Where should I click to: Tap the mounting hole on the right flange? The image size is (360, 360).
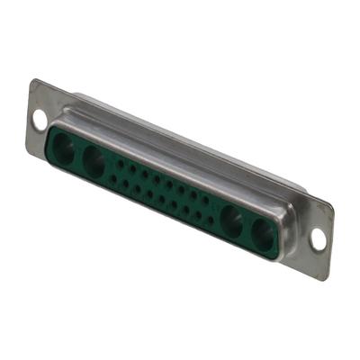318,238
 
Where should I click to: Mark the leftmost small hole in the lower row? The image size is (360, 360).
114,178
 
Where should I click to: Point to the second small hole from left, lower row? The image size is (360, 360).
126,184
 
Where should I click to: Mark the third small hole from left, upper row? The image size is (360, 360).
144,174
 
